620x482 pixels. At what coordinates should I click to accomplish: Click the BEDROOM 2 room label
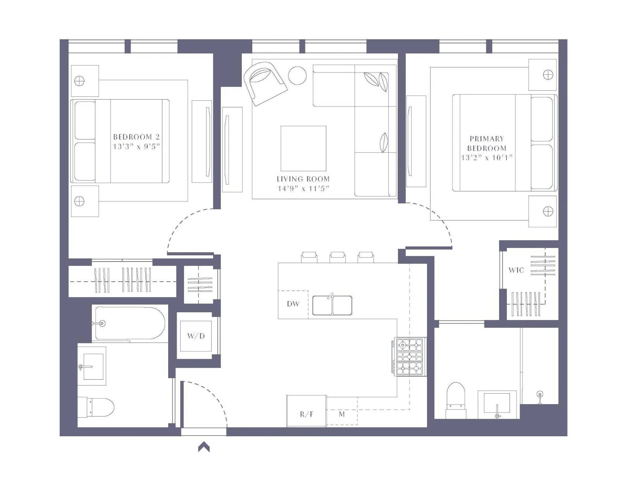pos(136,137)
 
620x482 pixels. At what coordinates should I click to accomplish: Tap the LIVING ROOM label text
pos(303,179)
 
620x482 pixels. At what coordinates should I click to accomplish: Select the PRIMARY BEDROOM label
pos(487,143)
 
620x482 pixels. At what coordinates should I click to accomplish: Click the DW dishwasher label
pos(293,304)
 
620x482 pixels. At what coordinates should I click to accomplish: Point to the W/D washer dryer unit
pos(196,336)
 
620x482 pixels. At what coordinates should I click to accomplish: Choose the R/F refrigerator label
pos(307,414)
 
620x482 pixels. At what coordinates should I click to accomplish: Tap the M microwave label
pos(342,414)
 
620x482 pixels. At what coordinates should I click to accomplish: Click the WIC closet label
pos(516,270)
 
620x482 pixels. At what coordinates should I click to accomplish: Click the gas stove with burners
pos(410,356)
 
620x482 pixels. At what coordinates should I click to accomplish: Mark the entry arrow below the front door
pos(204,448)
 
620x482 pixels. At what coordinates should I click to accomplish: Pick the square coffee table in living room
pos(303,148)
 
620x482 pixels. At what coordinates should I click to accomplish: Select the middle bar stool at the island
pos(338,257)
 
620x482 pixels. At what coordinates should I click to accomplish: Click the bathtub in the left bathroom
pos(130,324)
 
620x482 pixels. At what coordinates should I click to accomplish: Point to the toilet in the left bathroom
pos(96,407)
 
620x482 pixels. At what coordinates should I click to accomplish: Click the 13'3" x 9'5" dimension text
pos(136,146)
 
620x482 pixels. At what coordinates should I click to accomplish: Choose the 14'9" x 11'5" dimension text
pos(303,189)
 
